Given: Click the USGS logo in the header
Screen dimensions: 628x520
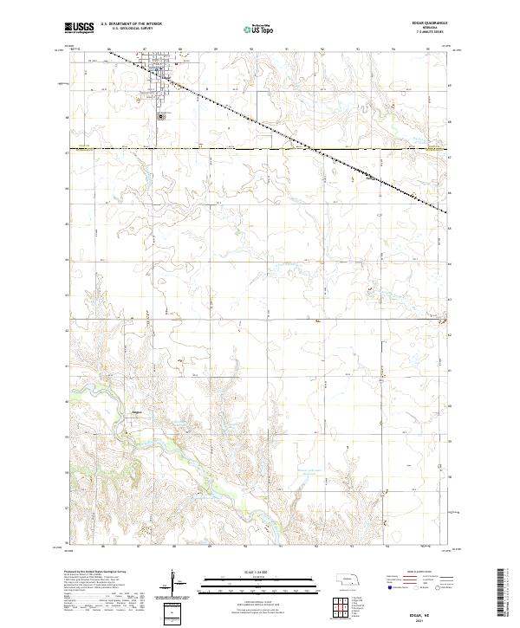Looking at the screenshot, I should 79,28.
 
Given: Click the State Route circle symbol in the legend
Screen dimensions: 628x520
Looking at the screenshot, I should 426,588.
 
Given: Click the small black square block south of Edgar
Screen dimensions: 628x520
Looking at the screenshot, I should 160,115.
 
